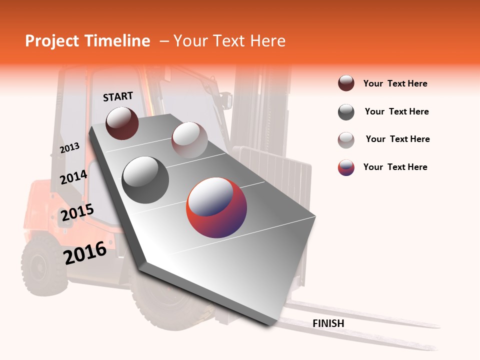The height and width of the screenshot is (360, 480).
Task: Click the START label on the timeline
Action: [x=118, y=96]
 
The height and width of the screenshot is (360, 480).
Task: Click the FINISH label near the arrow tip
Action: [x=328, y=323]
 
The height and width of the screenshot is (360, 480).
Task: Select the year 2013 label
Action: [x=69, y=148]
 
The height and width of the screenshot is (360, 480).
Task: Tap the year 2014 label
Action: [x=73, y=177]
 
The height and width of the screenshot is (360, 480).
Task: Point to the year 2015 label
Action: [x=77, y=213]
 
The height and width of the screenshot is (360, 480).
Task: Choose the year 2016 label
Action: [x=85, y=252]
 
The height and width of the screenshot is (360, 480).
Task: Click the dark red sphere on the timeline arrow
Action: [x=122, y=123]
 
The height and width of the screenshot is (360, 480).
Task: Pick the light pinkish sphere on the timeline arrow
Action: [x=189, y=140]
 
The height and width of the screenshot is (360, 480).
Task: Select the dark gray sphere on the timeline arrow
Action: [x=145, y=180]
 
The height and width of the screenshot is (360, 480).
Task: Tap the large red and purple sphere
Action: [x=216, y=207]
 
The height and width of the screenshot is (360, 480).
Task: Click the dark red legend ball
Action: [x=346, y=83]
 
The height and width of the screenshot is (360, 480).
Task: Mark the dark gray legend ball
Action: [x=346, y=112]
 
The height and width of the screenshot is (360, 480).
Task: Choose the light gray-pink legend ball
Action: [x=346, y=140]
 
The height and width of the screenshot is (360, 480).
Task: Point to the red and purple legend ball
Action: [x=346, y=167]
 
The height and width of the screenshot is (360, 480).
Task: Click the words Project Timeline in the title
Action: [x=87, y=41]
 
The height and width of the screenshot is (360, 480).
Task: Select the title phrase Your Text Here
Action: [x=229, y=41]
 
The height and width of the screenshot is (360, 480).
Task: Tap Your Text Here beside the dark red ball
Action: [x=395, y=83]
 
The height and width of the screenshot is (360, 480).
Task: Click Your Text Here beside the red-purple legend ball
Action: [x=395, y=167]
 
